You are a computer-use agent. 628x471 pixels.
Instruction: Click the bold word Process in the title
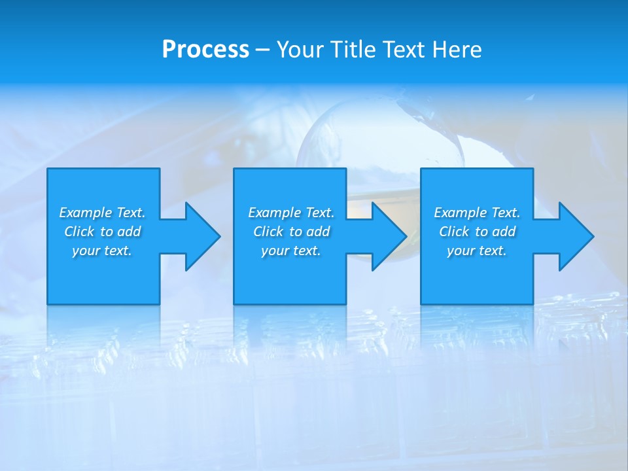tap(205, 50)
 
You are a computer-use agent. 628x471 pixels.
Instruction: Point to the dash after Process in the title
tap(262, 50)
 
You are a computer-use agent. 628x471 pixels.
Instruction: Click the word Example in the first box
tap(86, 213)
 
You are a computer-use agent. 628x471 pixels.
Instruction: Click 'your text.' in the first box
tap(102, 251)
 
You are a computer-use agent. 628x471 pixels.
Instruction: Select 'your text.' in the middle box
tap(290, 251)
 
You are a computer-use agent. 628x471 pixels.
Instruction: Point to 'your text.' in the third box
tap(477, 251)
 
